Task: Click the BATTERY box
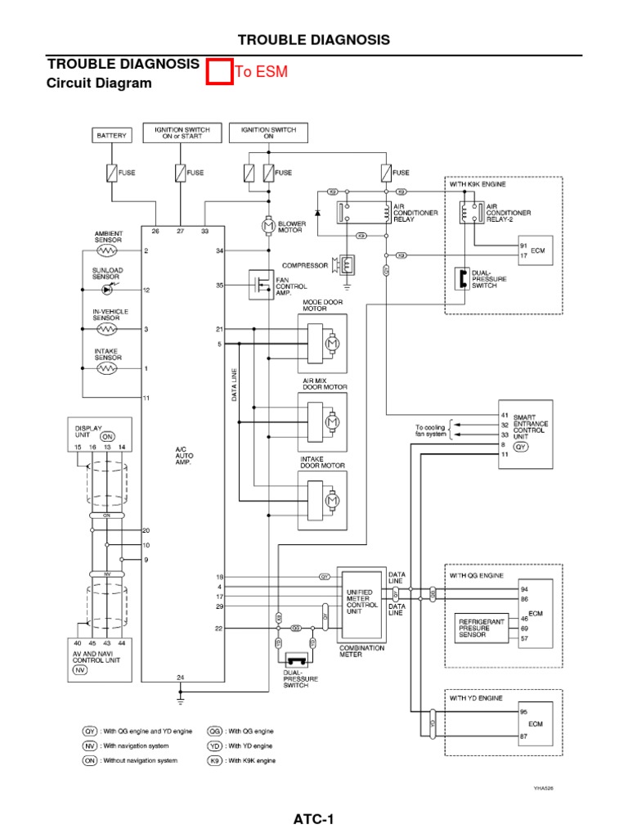coord(111,135)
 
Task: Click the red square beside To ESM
coord(218,73)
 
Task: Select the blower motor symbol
coord(267,224)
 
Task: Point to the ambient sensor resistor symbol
coord(107,250)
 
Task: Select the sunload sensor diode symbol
coord(107,290)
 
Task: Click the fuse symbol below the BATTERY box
coord(111,173)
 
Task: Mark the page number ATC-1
coord(313,819)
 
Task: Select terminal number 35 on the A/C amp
coord(219,286)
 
